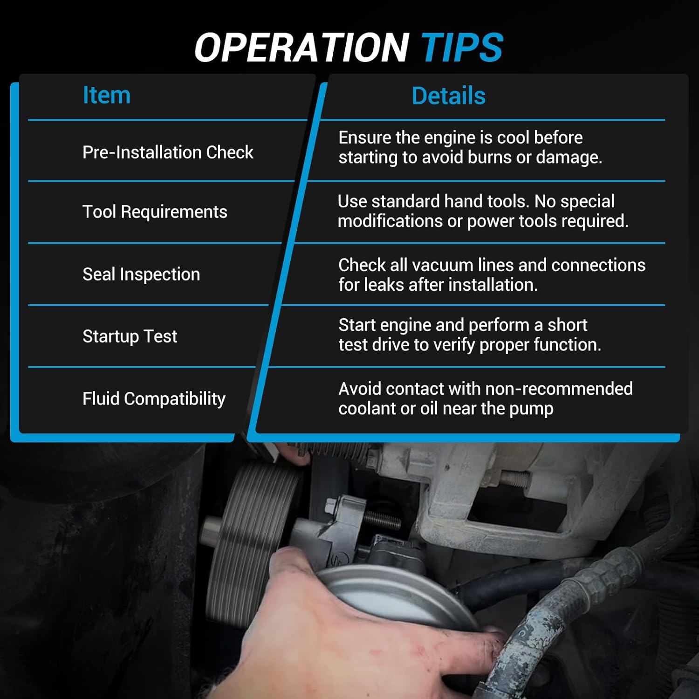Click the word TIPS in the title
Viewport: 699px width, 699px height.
point(462,48)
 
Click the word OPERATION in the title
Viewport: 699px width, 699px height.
point(302,48)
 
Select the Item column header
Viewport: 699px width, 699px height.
point(106,95)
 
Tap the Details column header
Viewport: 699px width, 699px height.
point(448,96)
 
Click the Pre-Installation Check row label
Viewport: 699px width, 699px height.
point(168,152)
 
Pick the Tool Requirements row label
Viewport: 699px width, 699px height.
point(155,212)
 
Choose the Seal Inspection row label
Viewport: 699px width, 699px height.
point(141,274)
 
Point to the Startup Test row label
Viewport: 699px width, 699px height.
point(130,336)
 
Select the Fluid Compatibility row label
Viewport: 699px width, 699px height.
point(154,399)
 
